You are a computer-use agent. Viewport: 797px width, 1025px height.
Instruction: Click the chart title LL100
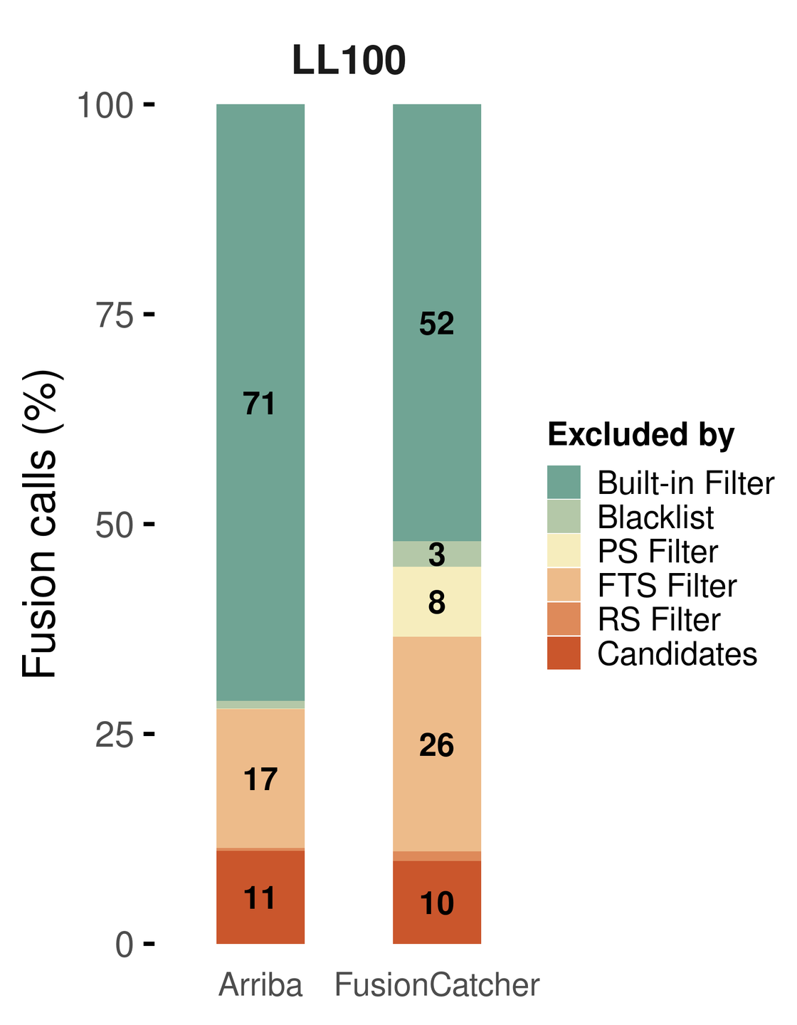coord(349,61)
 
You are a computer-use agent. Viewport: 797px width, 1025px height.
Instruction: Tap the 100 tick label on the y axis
coord(105,107)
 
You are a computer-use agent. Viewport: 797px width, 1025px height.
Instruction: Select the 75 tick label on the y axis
coord(115,315)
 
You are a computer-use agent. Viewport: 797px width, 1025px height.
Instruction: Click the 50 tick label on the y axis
coord(115,525)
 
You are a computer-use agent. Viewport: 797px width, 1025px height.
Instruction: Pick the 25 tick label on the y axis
coord(115,735)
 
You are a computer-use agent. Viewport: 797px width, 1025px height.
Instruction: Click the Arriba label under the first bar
coord(260,986)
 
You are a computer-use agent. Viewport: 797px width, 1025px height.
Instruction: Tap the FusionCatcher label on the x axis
coord(437,986)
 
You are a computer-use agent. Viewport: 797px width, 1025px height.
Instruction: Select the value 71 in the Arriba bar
coord(260,404)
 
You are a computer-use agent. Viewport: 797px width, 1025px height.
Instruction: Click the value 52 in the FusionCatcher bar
coord(436,324)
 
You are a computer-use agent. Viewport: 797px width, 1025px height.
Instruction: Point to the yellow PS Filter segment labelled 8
coord(437,603)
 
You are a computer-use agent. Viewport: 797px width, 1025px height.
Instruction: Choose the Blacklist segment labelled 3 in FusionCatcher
coord(437,554)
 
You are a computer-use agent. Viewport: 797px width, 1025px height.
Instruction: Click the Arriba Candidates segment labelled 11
coord(260,898)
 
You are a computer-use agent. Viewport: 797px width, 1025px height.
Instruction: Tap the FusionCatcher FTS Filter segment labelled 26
coord(436,745)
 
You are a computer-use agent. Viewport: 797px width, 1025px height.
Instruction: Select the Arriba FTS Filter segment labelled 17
coord(260,780)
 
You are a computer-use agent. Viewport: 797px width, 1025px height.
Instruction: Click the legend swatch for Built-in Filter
coord(564,483)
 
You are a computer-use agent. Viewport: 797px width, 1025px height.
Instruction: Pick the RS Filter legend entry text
coord(659,619)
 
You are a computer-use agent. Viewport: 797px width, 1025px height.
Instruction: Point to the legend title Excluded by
coord(640,435)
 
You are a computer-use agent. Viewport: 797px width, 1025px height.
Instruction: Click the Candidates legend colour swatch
coord(564,653)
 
